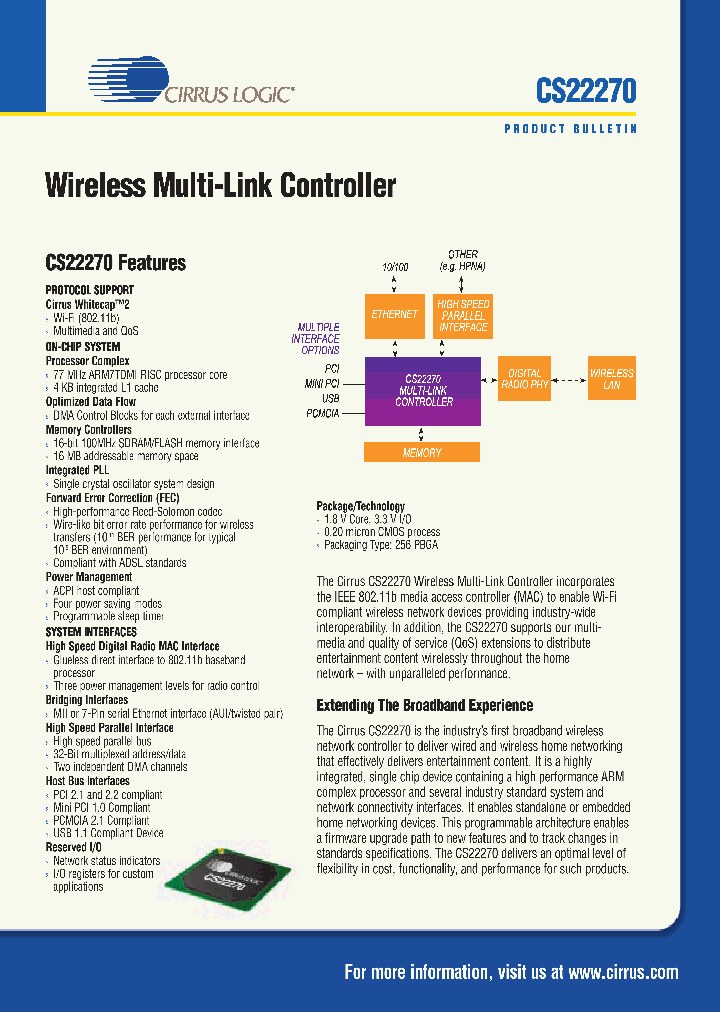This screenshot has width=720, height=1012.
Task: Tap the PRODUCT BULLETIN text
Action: [x=570, y=129]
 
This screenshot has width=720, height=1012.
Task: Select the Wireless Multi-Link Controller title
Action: [x=221, y=187]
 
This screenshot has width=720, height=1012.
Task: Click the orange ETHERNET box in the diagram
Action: [x=394, y=315]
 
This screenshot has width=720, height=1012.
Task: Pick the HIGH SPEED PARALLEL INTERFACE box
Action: [x=463, y=315]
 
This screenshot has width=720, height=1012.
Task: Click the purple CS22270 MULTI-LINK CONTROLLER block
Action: [x=424, y=391]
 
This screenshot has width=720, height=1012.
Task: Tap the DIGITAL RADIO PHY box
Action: [x=525, y=379]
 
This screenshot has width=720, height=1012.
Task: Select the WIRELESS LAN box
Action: [x=611, y=379]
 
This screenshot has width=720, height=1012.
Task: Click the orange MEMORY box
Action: [x=422, y=453]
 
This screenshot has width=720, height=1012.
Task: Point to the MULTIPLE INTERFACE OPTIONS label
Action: [x=315, y=339]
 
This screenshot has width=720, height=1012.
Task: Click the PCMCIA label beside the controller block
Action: [x=323, y=411]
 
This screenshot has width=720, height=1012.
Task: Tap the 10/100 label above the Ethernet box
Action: [x=395, y=268]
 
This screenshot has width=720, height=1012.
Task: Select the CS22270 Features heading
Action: [x=116, y=263]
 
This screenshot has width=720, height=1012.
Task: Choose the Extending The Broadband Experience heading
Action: [x=425, y=705]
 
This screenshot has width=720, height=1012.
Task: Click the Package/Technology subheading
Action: [x=361, y=506]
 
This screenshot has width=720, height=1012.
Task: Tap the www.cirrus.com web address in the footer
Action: [x=624, y=972]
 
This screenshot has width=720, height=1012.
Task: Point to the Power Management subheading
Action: [x=89, y=577]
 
